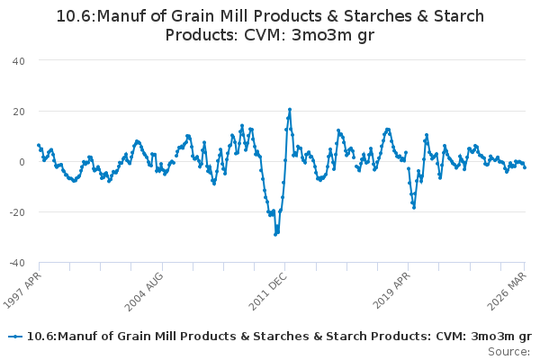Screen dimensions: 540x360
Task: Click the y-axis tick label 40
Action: point(19,61)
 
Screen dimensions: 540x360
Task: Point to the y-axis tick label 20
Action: point(19,112)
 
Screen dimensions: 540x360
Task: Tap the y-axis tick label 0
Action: point(22,162)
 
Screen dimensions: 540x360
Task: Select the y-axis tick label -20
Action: point(17,212)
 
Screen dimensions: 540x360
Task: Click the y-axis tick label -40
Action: point(17,263)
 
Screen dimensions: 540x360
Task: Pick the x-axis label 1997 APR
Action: point(22,290)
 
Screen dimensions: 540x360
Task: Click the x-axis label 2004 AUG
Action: point(144,292)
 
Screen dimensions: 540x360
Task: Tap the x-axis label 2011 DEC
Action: point(267,292)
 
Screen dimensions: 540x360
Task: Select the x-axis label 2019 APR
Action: point(391,290)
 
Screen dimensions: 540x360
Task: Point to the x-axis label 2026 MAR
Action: point(507,291)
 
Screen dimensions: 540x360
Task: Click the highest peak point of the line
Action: point(290,110)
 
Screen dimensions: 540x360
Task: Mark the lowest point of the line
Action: point(275,235)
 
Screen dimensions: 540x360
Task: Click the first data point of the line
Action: point(39,146)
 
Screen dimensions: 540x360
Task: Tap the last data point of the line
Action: point(525,167)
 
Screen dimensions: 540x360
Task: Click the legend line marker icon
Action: point(15,337)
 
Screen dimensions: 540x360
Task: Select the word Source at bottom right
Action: point(508,352)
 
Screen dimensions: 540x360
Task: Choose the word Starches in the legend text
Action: point(281,337)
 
